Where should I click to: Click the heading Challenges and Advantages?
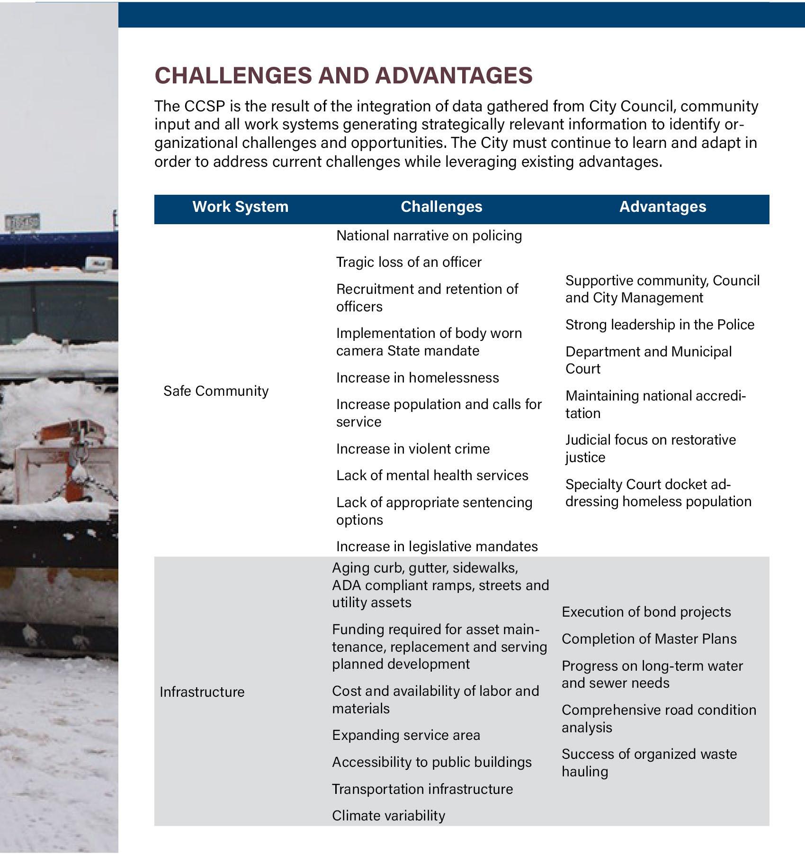(343, 76)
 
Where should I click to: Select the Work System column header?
(240, 207)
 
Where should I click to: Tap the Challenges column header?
(441, 207)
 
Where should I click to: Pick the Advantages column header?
(662, 207)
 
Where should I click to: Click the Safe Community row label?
(216, 391)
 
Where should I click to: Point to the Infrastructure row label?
(202, 692)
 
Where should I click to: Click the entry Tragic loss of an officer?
(409, 262)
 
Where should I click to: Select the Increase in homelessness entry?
(417, 378)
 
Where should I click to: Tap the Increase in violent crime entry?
(413, 449)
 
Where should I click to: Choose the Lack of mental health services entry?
(432, 475)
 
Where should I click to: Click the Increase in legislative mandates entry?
(437, 546)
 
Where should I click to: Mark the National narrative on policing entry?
(429, 236)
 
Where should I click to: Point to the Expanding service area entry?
(406, 735)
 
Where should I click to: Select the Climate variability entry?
(388, 816)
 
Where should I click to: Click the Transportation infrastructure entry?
(422, 789)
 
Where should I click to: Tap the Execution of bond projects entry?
(646, 612)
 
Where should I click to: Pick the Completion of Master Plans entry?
(649, 639)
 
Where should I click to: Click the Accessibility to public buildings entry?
(431, 762)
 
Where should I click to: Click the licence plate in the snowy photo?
(22, 222)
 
